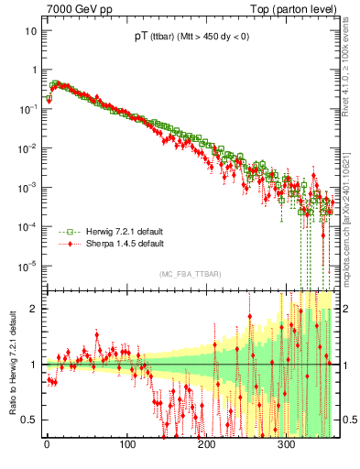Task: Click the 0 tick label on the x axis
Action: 47,446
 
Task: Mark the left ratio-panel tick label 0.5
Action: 29,420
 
